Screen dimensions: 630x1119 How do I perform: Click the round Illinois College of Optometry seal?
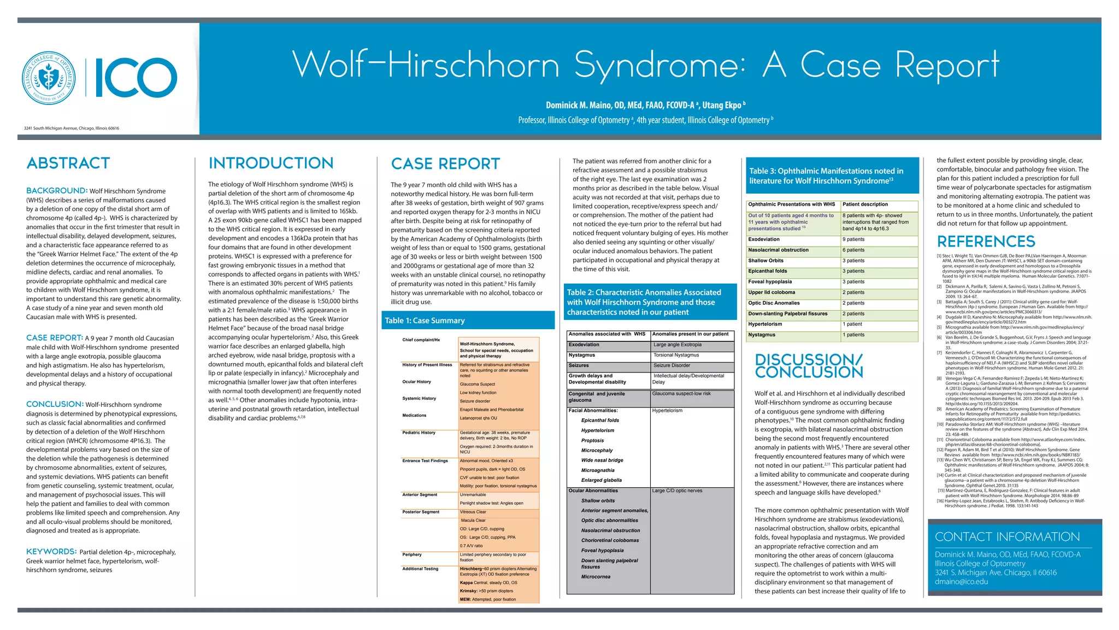click(x=49, y=78)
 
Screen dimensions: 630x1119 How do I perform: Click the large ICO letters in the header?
click(x=136, y=78)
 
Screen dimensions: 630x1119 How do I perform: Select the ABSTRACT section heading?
click(x=68, y=163)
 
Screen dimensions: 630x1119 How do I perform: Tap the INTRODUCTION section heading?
click(x=271, y=163)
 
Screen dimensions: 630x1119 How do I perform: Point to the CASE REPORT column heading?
click(x=445, y=164)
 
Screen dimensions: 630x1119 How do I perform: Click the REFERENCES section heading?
click(x=986, y=241)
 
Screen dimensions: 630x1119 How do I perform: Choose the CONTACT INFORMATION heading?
click(x=1007, y=536)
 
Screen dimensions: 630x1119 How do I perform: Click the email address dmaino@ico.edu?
click(x=961, y=581)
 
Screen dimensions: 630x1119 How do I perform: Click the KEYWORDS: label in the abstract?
click(x=51, y=552)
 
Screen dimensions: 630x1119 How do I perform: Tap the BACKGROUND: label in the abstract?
click(x=57, y=191)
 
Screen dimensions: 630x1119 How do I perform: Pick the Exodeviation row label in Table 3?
click(x=764, y=240)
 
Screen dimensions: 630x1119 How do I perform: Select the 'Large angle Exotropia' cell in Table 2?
click(x=678, y=345)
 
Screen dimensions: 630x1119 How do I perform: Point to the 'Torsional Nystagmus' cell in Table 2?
click(x=676, y=355)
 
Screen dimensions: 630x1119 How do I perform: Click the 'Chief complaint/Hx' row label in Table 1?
click(x=421, y=340)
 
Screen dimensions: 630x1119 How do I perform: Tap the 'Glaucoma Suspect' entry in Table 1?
click(x=477, y=384)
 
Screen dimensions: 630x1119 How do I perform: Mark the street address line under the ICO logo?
click(x=72, y=129)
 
